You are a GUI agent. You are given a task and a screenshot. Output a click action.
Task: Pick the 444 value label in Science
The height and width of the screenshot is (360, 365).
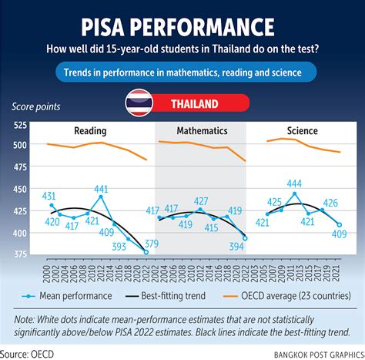point(293,183)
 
